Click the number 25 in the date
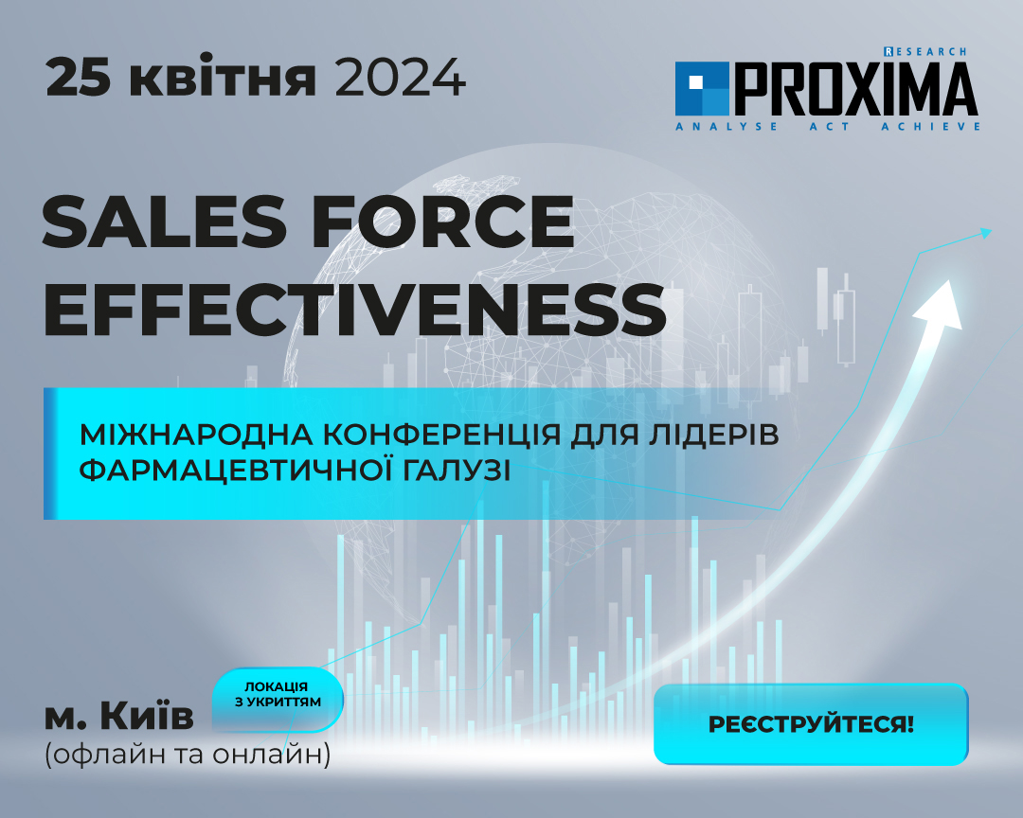tap(79, 78)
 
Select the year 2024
tap(401, 78)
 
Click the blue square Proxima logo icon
tap(701, 89)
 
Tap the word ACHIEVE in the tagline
tap(930, 126)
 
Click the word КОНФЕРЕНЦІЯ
tap(442, 435)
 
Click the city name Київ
tap(147, 717)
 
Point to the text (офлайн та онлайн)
tap(188, 755)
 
